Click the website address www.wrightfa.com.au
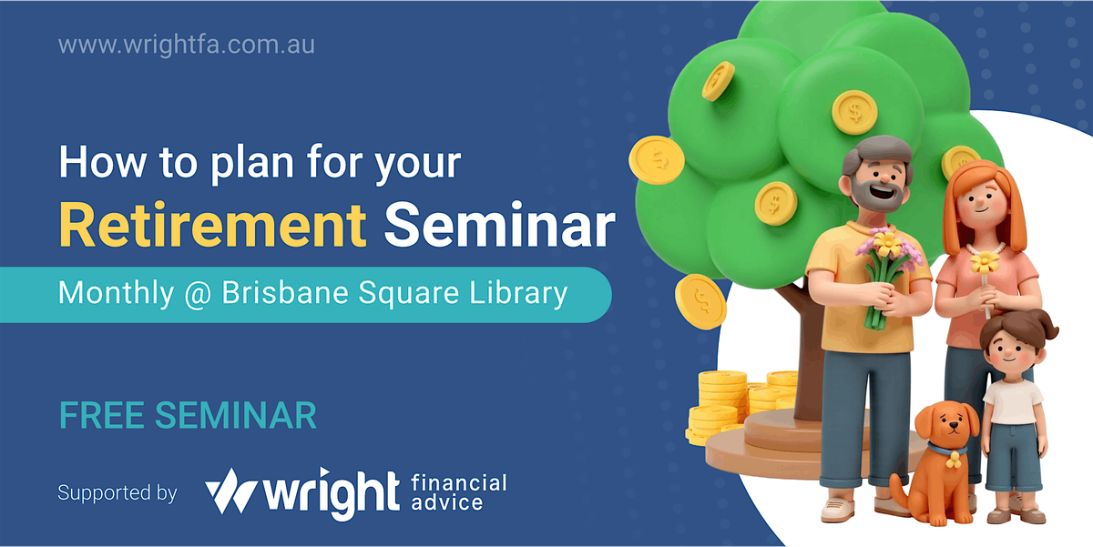coord(186,44)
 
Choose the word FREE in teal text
coord(102,415)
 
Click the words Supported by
coord(117,493)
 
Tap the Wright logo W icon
coord(231,492)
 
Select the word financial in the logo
coord(458,482)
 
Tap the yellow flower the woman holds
coord(984,264)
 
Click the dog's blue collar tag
coord(954,461)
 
